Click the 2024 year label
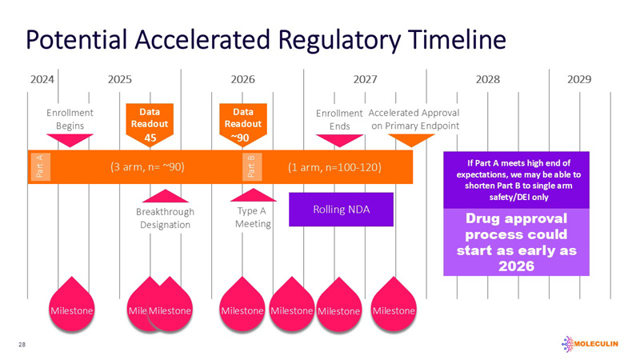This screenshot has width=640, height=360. [x=42, y=80]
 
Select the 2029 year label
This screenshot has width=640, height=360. [x=579, y=80]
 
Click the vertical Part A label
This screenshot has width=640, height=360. [x=40, y=167]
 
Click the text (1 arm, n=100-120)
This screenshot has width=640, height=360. [x=334, y=167]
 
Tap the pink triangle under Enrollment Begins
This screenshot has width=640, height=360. [x=70, y=140]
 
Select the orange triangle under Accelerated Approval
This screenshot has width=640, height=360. [x=411, y=140]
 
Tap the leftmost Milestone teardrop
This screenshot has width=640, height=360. [x=72, y=304]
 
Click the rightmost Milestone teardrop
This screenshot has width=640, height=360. [x=394, y=304]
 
